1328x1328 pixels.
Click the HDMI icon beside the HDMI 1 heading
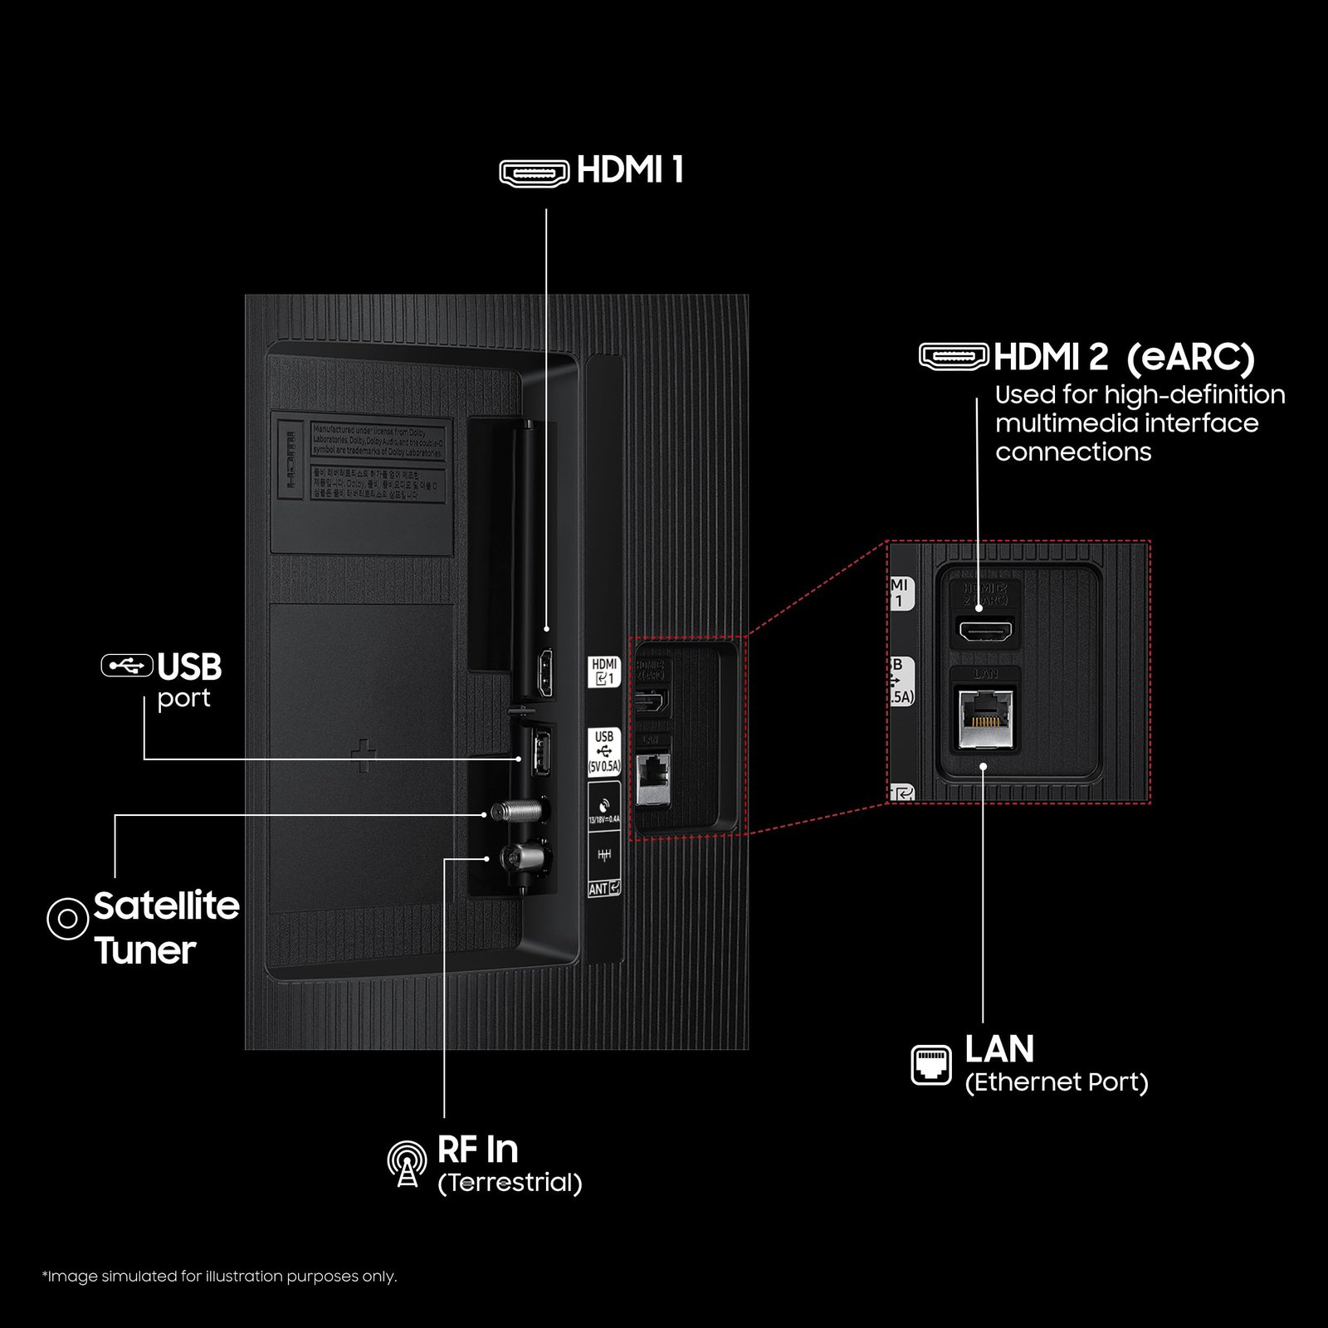click(x=534, y=172)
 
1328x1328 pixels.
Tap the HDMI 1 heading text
click(x=630, y=170)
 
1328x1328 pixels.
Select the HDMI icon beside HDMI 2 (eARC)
click(x=954, y=356)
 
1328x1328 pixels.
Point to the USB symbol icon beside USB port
click(x=127, y=665)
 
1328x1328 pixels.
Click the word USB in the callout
click(x=189, y=666)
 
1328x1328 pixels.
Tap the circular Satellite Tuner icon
click(x=67, y=919)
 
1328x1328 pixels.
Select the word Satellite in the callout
click(x=166, y=906)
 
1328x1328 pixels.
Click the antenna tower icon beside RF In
click(x=407, y=1163)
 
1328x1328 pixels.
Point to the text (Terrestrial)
click(x=510, y=1183)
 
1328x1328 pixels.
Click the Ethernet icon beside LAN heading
click(x=931, y=1065)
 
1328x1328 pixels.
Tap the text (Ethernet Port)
click(x=1057, y=1082)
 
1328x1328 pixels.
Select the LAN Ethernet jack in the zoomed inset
click(x=985, y=719)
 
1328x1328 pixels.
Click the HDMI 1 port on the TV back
click(x=545, y=674)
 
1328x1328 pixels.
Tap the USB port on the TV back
click(x=540, y=751)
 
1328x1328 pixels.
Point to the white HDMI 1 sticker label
click(x=603, y=671)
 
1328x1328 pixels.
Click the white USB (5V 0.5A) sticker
click(x=603, y=751)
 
